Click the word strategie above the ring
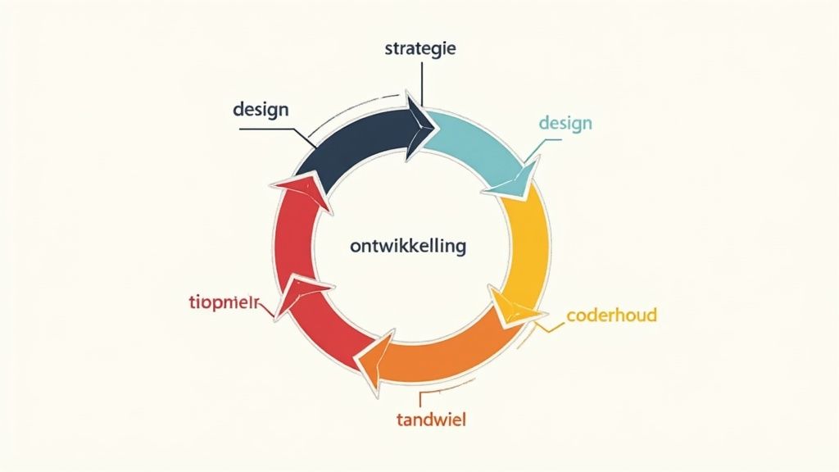coord(419,48)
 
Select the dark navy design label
coord(261,109)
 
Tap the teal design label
coord(565,123)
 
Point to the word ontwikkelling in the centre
coord(407,245)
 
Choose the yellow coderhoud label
coord(612,315)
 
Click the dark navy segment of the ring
coord(352,143)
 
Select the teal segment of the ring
coord(479,147)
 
